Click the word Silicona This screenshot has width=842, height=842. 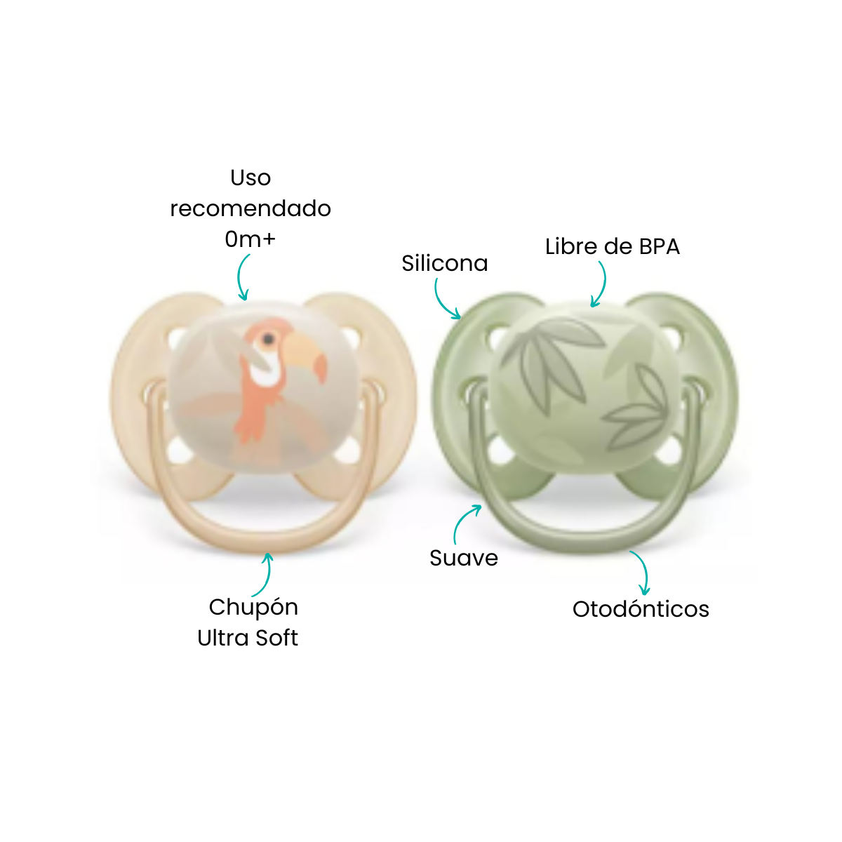444,264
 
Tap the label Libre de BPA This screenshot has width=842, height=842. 612,247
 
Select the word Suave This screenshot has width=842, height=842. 464,558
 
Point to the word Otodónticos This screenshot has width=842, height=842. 641,609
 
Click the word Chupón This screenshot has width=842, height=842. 253,608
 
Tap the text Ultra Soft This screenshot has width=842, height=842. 247,638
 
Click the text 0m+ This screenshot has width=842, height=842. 250,239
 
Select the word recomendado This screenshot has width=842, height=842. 250,209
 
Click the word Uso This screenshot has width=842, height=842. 250,178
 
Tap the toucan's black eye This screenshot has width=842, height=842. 268,339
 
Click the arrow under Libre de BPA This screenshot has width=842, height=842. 603,284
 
